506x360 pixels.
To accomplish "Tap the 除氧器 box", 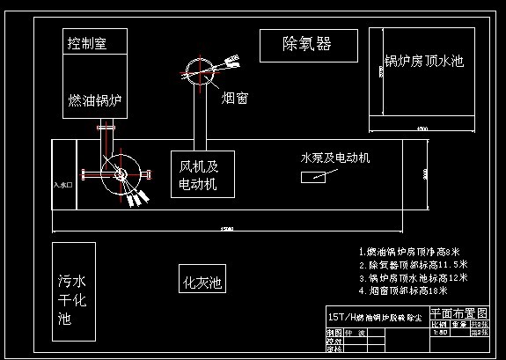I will pos(307,43).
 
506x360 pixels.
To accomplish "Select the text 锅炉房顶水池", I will pos(423,62).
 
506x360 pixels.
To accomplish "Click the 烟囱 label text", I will pos(234,98).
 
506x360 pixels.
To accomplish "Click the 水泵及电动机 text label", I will pos(335,158).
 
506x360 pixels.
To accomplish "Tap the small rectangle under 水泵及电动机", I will pos(312,177).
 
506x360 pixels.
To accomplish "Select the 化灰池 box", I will pos(202,283).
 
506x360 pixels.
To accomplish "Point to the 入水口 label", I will pos(62,186).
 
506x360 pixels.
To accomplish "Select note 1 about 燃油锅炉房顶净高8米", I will pos(414,252).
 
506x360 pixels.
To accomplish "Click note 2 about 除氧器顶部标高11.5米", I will pos(414,264).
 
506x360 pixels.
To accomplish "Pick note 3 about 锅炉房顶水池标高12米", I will pos(414,276).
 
